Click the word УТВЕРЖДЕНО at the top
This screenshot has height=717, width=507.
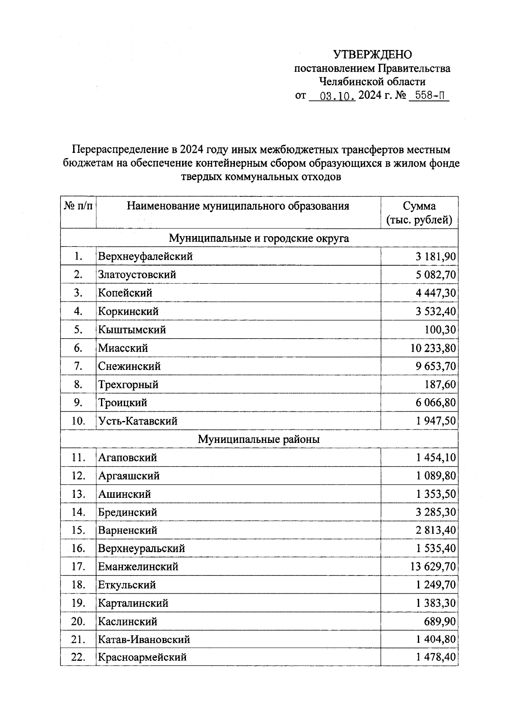372,54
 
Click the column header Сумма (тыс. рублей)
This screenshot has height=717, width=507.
419,213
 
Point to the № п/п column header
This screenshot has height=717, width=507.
78,206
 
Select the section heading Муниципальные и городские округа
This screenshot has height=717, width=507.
259,238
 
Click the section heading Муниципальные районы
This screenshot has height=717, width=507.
259,439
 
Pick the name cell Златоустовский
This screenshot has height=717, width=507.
137,274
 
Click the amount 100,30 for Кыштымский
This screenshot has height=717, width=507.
440,330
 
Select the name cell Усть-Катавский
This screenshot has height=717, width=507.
138,421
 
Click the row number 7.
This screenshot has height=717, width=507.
78,366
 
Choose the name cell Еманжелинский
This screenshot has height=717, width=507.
138,567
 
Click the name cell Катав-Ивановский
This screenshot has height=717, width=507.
144,640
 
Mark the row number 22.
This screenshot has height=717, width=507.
78,657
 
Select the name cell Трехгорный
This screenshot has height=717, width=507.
128,385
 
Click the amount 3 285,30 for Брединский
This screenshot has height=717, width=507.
436,512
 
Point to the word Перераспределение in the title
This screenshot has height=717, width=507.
120,150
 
